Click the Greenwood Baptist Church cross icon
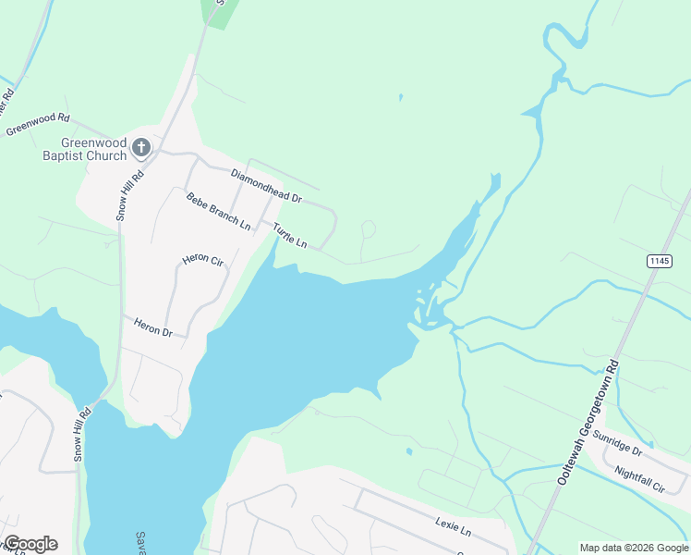141,146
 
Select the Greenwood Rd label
38,124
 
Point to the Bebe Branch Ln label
218,212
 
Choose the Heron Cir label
203,260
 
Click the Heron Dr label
153,326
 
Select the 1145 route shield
659,262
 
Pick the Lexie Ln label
453,528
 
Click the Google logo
30,544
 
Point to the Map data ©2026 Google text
634,548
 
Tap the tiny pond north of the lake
400,96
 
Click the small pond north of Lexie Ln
408,452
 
